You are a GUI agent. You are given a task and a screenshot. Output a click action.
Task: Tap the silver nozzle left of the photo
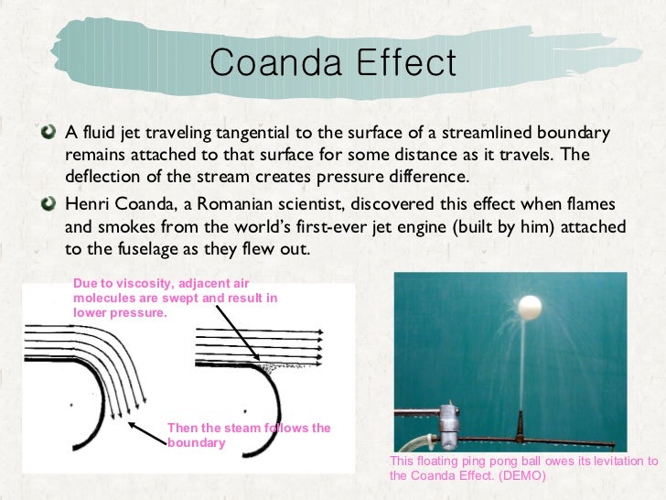pos(448,423)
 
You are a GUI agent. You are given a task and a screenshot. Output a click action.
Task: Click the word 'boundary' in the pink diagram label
pos(196,442)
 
